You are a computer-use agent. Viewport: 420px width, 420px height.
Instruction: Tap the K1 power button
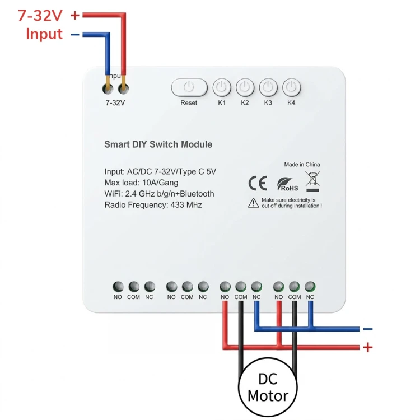click(x=222, y=87)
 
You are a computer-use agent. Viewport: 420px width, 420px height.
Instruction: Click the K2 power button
click(x=245, y=87)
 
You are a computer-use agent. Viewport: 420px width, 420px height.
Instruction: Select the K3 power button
click(x=268, y=87)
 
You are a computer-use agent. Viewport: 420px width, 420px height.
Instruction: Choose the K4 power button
click(x=291, y=87)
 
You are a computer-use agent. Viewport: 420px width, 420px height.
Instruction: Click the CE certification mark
click(x=258, y=183)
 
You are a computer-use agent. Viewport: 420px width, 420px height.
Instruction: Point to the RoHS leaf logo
click(x=287, y=184)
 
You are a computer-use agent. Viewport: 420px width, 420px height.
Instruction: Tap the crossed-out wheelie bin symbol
click(x=312, y=181)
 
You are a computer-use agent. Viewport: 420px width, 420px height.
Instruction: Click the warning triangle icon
click(x=253, y=203)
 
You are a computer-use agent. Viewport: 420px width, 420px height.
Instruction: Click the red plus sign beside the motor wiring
click(x=368, y=347)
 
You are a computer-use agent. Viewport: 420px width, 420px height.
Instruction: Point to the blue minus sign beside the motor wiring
click(x=368, y=329)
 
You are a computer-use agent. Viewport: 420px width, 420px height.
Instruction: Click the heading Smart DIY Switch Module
click(x=158, y=144)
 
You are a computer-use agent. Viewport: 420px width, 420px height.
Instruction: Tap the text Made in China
click(x=302, y=165)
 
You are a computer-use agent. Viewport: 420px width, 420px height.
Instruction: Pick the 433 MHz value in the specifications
click(x=186, y=205)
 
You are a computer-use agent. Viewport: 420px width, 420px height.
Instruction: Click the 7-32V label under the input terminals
click(x=115, y=103)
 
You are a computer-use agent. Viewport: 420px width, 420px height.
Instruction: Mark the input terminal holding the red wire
click(x=123, y=88)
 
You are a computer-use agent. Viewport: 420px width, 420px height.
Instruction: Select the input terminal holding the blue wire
click(x=108, y=88)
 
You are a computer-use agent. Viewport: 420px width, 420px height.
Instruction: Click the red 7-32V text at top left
click(x=40, y=15)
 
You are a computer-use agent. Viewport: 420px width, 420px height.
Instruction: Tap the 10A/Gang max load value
click(x=160, y=183)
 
